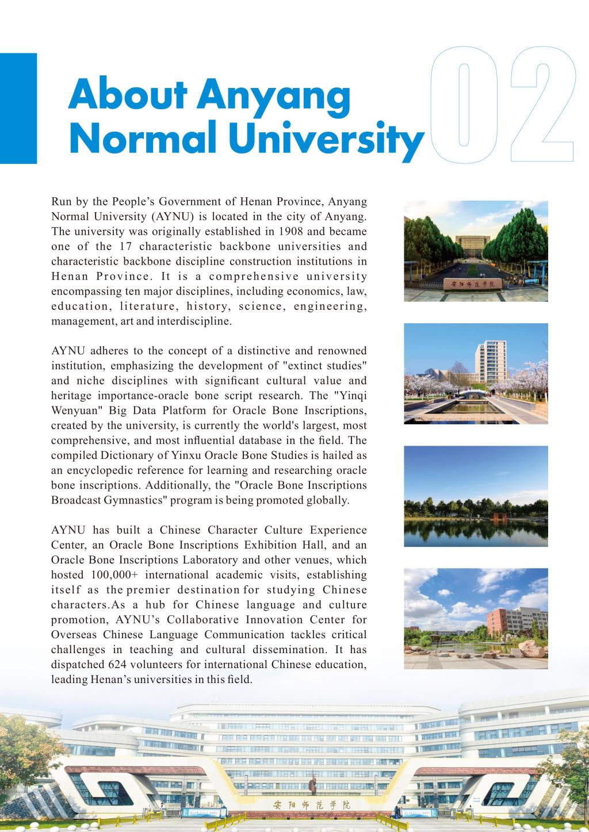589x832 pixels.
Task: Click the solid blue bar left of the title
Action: point(18,109)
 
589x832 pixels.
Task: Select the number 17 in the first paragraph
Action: point(125,247)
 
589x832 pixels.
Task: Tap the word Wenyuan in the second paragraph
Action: point(74,411)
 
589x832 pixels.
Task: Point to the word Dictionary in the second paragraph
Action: point(121,455)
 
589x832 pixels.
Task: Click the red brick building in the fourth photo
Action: point(499,624)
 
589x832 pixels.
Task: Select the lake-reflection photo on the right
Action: point(476,496)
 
